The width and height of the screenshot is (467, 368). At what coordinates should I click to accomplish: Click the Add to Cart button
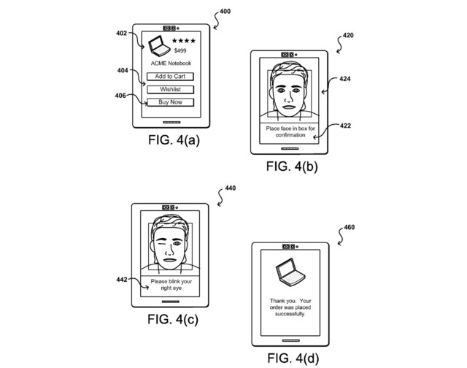(x=169, y=76)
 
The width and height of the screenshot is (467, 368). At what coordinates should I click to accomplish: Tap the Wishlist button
(x=169, y=89)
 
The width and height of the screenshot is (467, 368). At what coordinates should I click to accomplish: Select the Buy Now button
(x=169, y=102)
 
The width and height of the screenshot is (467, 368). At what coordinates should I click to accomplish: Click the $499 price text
(x=180, y=51)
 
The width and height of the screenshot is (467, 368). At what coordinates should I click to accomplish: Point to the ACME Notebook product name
(x=169, y=64)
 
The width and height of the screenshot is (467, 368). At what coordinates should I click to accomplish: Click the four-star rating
(x=184, y=40)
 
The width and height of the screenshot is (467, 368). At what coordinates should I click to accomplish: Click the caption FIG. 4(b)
(x=293, y=166)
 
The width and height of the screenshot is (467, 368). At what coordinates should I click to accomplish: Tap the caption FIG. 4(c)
(x=172, y=319)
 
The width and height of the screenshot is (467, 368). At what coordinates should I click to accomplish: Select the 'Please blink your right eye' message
(x=171, y=285)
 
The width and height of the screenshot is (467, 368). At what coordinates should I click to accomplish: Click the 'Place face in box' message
(x=290, y=132)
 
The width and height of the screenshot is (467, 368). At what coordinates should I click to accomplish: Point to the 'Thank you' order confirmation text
(x=290, y=306)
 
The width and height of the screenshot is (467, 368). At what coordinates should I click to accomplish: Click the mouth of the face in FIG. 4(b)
(x=290, y=108)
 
